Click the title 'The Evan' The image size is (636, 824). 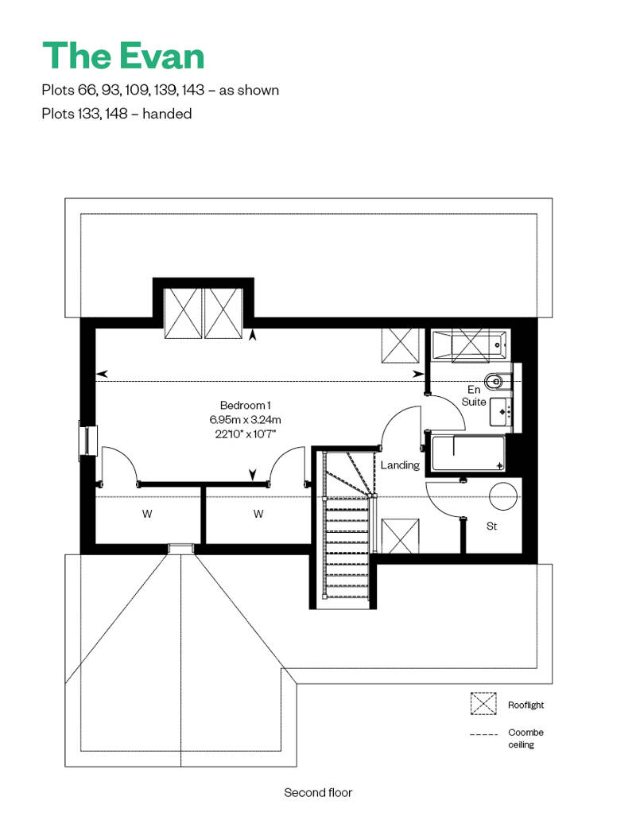pos(123,56)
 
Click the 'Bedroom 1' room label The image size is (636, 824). pos(246,405)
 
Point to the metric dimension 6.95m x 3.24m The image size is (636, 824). pos(246,419)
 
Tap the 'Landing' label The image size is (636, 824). pos(400,465)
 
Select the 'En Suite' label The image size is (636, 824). pos(474,396)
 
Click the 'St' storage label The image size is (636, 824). pos(491,526)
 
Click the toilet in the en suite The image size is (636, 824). pos(497,382)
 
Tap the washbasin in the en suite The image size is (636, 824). pos(501,411)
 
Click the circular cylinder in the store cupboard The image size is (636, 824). pos(503,496)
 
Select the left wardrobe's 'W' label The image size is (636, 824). pos(147,514)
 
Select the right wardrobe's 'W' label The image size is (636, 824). pos(258,514)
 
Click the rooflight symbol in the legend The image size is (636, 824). pos(483,704)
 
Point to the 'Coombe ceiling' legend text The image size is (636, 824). pos(525,738)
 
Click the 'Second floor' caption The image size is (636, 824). pos(318,792)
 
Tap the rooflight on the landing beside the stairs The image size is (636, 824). pos(400,535)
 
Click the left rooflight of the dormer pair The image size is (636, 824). pos(184,313)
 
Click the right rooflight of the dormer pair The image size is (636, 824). pos(223,313)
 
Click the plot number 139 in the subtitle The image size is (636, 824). pos(165,91)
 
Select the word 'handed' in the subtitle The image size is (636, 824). pos(167,114)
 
